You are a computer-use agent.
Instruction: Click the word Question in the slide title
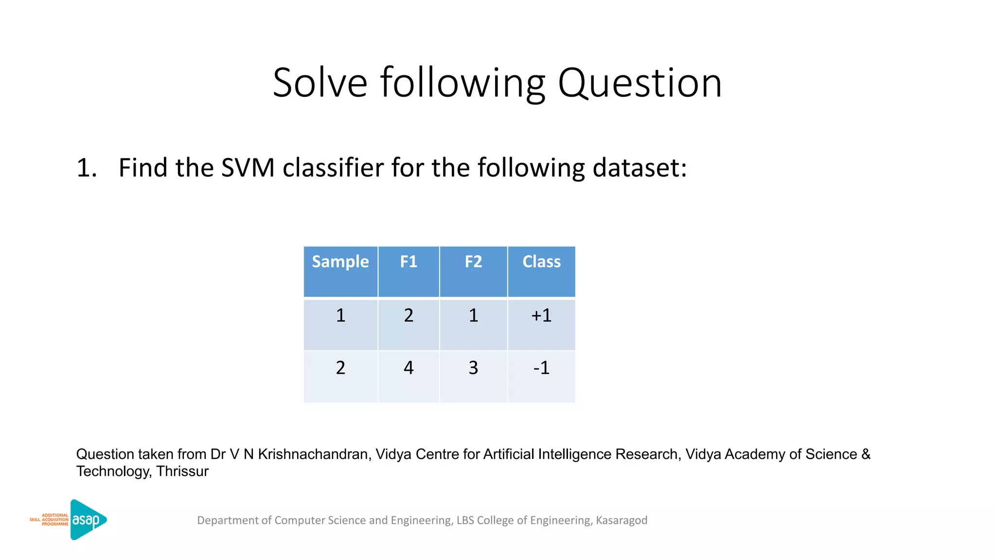[x=640, y=84]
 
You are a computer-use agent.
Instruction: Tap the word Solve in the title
[x=320, y=84]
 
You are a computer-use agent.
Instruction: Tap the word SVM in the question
[x=248, y=168]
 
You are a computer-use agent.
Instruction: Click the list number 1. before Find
[x=87, y=168]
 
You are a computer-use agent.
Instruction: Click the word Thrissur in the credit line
[x=182, y=471]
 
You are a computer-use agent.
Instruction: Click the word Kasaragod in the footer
[x=622, y=520]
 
